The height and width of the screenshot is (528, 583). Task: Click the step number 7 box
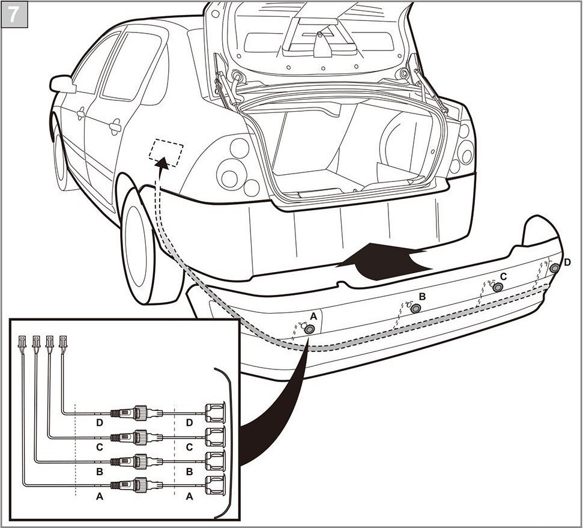click(x=13, y=13)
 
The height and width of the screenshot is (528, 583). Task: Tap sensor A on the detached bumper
click(x=309, y=329)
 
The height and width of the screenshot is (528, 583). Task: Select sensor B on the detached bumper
click(x=415, y=308)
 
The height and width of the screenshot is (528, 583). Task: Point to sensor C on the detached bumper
click(x=498, y=287)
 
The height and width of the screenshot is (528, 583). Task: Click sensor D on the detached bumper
click(x=555, y=268)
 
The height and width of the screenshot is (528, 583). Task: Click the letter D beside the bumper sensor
click(x=567, y=262)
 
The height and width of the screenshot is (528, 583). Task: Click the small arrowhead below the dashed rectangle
click(x=161, y=162)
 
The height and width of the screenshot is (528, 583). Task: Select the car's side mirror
click(x=62, y=84)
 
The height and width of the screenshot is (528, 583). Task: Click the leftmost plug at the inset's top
click(x=23, y=342)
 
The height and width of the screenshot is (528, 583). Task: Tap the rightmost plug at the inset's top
click(x=64, y=342)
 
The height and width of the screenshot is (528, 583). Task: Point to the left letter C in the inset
click(x=100, y=447)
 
